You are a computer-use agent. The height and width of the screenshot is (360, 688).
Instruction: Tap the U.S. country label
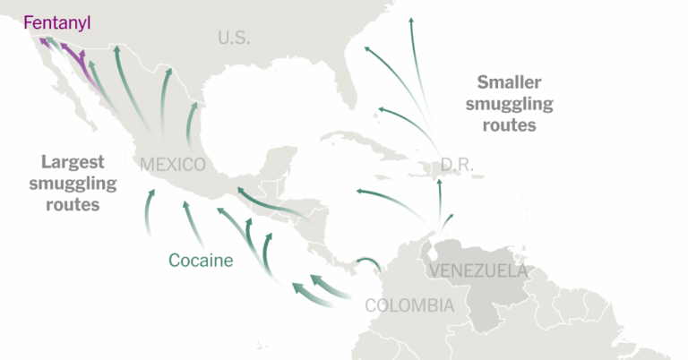click(x=234, y=38)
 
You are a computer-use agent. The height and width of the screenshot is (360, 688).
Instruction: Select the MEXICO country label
click(x=173, y=165)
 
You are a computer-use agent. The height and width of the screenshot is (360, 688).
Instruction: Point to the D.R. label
click(x=457, y=165)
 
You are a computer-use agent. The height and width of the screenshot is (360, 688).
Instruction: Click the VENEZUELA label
click(x=477, y=270)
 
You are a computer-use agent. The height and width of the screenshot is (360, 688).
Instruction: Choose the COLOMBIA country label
click(x=409, y=305)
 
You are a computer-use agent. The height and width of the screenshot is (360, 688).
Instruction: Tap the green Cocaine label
click(x=201, y=261)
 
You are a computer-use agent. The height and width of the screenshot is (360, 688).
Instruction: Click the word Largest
click(x=73, y=162)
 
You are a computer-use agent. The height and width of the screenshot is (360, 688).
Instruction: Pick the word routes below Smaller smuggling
click(x=509, y=125)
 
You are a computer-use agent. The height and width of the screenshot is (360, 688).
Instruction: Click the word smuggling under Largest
click(x=72, y=184)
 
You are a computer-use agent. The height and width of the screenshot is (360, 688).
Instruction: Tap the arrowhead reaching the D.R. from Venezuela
click(x=440, y=184)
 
